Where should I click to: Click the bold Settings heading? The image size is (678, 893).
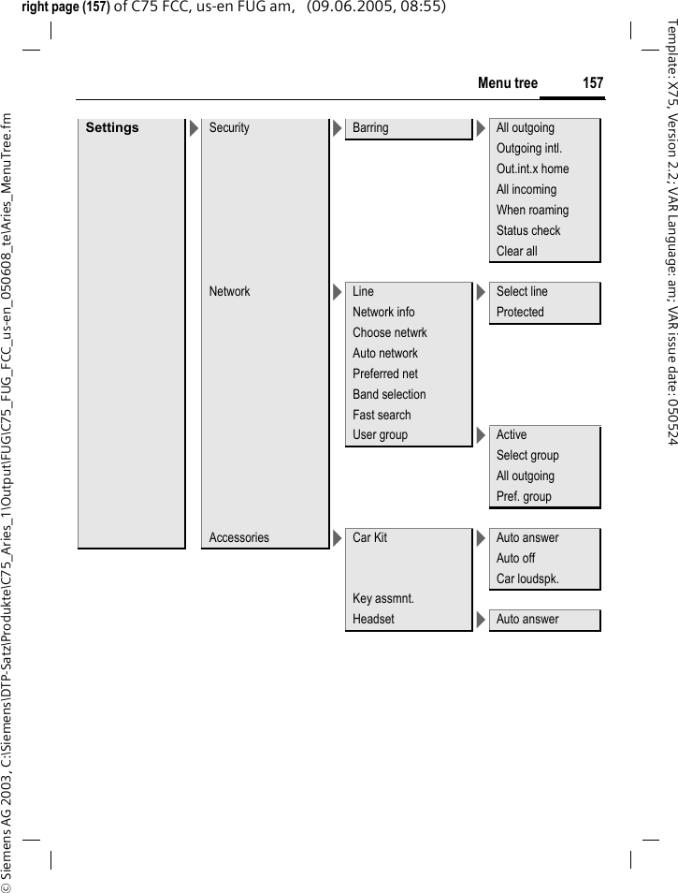[x=112, y=128]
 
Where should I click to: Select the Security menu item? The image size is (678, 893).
[x=229, y=128]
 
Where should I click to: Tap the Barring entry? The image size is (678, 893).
[x=370, y=128]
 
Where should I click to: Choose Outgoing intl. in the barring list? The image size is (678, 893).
[x=529, y=149]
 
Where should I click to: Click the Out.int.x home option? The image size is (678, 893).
[x=532, y=169]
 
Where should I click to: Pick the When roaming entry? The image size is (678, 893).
[x=532, y=211]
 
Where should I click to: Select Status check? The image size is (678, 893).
[x=528, y=231]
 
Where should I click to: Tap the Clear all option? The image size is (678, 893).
[x=517, y=252]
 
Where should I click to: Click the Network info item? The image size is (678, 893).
[x=383, y=313]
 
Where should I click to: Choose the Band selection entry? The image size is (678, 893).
[x=389, y=395]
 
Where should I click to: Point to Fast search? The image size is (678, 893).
[x=382, y=416]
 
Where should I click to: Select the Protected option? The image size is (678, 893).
[x=520, y=313]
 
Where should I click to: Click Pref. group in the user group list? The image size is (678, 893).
[x=524, y=497]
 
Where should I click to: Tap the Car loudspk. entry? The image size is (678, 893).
[x=527, y=579]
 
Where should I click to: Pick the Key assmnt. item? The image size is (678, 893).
[x=383, y=599]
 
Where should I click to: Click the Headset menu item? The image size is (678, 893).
[x=373, y=620]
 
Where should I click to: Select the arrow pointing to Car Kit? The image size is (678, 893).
[x=337, y=538]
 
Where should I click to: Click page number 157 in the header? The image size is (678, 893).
[x=593, y=83]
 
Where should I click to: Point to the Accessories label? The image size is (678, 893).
[x=238, y=538]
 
